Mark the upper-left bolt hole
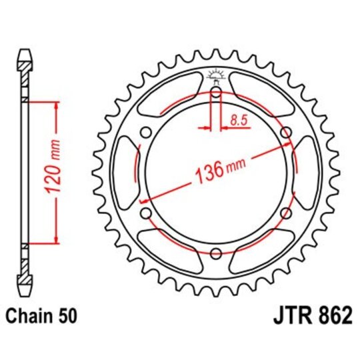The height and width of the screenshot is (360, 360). point(146,133)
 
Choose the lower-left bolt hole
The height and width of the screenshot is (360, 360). point(146,213)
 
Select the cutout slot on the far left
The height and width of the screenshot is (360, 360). point(125,173)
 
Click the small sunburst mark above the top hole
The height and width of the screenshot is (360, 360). point(215,74)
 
